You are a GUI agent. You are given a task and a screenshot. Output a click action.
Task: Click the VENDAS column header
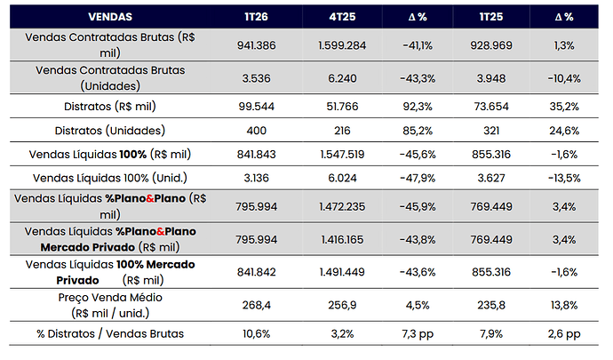(x=110, y=17)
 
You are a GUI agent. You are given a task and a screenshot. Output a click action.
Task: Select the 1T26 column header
(x=256, y=17)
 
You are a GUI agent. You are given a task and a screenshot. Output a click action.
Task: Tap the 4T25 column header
(x=342, y=17)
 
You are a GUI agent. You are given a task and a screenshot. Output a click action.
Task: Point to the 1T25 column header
(x=491, y=17)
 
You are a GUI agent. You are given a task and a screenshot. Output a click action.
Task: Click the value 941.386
(x=256, y=45)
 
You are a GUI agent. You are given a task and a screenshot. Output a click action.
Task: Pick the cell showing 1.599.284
(x=342, y=45)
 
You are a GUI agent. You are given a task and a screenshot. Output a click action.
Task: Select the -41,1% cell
(x=418, y=46)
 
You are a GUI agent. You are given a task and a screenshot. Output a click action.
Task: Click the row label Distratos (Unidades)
(x=110, y=131)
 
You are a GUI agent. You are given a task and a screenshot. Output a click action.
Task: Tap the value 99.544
(x=256, y=107)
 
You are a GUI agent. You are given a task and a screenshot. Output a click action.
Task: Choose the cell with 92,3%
(x=418, y=107)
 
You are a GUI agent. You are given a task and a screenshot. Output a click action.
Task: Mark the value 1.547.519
(x=342, y=154)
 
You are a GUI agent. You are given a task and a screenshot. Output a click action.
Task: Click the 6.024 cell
(x=342, y=178)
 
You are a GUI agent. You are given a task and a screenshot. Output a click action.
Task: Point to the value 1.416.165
(x=342, y=239)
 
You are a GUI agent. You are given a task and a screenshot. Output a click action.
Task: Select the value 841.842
(x=256, y=272)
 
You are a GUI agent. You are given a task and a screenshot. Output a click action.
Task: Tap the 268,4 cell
(x=256, y=305)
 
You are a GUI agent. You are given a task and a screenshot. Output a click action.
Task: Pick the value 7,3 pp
(x=418, y=334)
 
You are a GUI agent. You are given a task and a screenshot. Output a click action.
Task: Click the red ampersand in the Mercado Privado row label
(x=160, y=232)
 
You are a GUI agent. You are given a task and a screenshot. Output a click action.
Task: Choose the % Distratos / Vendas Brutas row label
(x=110, y=334)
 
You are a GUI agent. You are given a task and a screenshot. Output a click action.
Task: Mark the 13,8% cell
(x=564, y=305)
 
